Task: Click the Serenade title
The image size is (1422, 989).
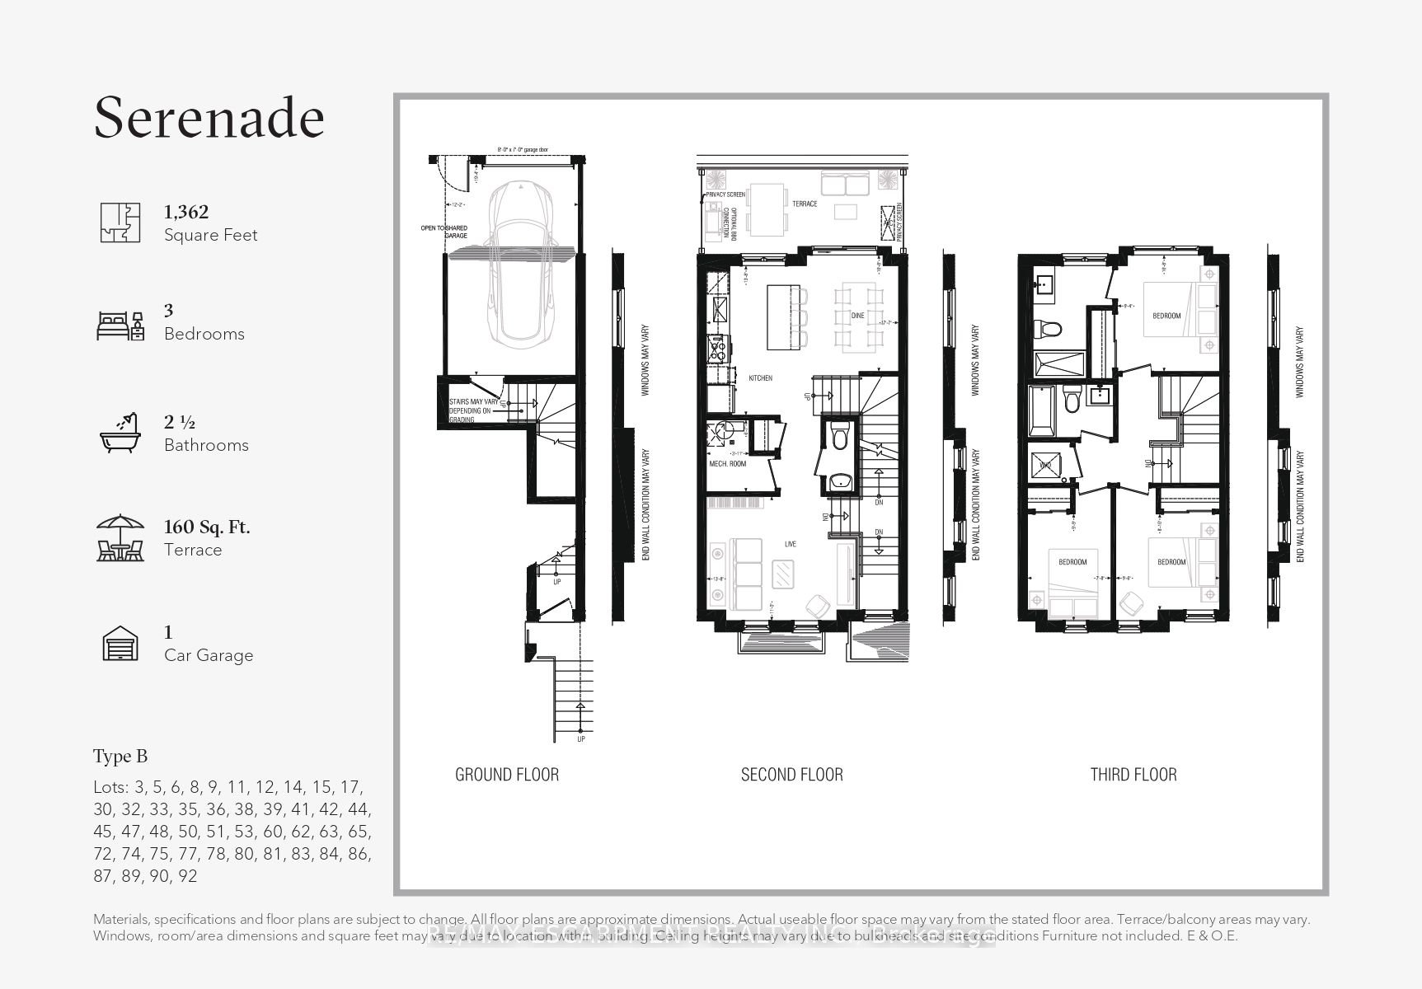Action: [209, 117]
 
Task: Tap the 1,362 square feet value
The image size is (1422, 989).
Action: [186, 212]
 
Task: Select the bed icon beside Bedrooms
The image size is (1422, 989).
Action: [120, 326]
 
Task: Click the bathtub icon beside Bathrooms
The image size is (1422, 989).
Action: [120, 432]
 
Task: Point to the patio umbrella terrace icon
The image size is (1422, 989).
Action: [120, 538]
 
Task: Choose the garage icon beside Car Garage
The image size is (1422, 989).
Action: [120, 644]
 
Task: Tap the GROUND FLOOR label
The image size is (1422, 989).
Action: [507, 775]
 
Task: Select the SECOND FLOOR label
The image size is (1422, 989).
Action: [791, 775]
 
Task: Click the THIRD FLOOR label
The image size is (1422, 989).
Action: [1133, 775]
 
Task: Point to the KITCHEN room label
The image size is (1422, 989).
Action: [760, 378]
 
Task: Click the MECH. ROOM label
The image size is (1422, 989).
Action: [727, 464]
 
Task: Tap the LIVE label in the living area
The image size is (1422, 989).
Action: [790, 545]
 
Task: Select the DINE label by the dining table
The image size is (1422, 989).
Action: [857, 316]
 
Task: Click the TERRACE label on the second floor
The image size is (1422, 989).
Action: [805, 204]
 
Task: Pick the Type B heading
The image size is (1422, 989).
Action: [120, 757]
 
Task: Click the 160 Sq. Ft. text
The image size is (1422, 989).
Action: [207, 527]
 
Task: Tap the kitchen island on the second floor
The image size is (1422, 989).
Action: [783, 317]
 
